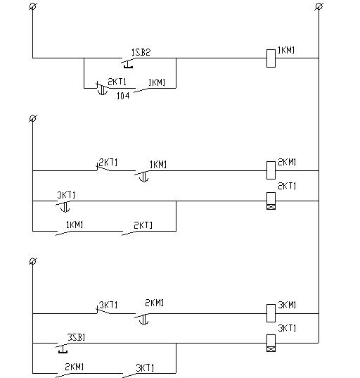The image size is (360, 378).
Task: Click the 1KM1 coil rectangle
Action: pos(271,58)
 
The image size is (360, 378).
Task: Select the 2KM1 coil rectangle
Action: pos(271,170)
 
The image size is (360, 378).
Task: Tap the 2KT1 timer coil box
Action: pos(271,201)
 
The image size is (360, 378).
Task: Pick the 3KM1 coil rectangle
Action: pos(271,313)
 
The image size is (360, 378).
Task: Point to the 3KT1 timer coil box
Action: pos(271,343)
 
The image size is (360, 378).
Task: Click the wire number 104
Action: pos(123,96)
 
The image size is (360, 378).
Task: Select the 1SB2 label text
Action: pos(141,52)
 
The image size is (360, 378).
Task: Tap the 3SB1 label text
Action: pos(76,337)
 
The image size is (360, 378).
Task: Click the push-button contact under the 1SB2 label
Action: pos(128,63)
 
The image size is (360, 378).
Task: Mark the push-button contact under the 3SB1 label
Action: pos(63,348)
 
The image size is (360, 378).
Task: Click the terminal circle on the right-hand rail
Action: pos(319,6)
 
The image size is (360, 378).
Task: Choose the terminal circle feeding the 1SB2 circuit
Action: pos(33,6)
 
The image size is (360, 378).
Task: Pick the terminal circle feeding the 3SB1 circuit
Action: pos(33,261)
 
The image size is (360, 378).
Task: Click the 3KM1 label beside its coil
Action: pos(287,305)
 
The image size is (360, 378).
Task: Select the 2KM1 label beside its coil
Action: pos(287,162)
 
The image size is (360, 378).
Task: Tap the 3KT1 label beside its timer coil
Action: pos(287,328)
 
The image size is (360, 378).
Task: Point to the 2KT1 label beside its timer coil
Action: pos(287,186)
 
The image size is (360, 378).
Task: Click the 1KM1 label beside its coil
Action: pos(286,50)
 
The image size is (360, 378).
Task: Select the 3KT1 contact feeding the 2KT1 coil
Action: pos(63,206)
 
